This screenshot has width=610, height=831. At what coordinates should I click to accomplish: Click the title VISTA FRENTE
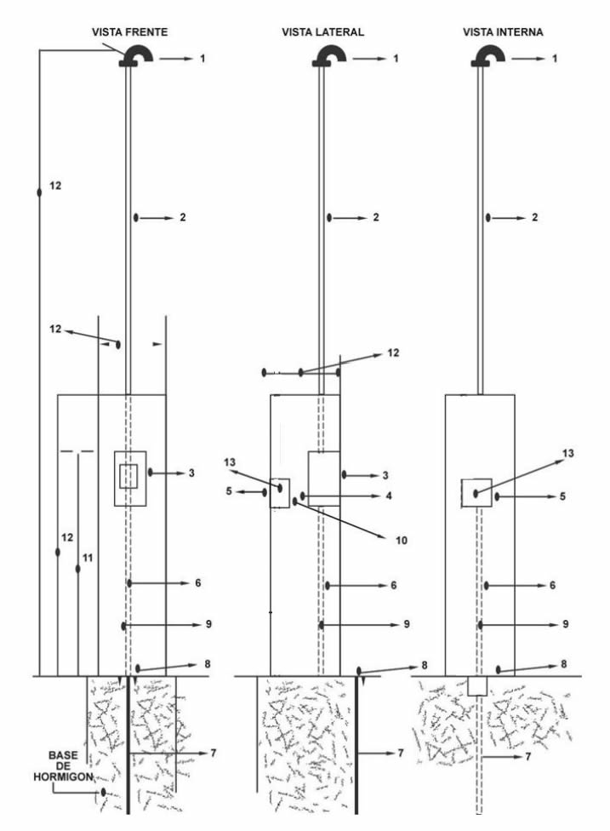(129, 32)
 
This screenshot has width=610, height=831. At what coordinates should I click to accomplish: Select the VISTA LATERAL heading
(323, 32)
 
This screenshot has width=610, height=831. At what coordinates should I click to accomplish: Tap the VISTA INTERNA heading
(503, 32)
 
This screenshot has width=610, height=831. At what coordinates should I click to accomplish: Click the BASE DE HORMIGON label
(63, 765)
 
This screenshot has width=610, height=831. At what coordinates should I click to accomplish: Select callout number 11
(88, 558)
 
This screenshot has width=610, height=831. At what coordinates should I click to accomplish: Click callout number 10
(402, 540)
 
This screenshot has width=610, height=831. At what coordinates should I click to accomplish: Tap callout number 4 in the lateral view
(389, 496)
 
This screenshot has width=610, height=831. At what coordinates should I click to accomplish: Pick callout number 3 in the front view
(191, 473)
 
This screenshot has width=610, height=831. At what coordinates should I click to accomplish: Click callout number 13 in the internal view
(567, 453)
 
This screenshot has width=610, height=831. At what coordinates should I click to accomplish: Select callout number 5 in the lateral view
(229, 491)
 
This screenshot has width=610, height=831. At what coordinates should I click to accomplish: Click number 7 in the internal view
(528, 757)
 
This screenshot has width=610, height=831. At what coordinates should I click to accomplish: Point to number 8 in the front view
(207, 664)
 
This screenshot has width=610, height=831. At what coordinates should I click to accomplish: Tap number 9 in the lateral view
(407, 624)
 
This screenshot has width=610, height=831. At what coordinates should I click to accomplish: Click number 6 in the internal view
(552, 585)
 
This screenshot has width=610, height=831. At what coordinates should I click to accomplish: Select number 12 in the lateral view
(393, 353)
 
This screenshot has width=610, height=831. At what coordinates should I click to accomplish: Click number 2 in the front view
(183, 217)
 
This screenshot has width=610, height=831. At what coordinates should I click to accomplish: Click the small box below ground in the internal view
(477, 685)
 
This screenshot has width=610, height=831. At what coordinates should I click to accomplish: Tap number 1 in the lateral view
(396, 58)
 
